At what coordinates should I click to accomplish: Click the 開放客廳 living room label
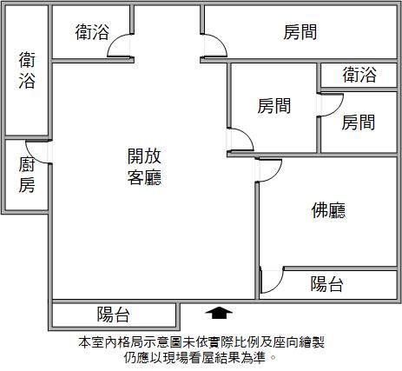click(x=144, y=167)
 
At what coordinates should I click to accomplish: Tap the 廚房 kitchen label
click(x=27, y=175)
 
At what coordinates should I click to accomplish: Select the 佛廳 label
click(x=328, y=210)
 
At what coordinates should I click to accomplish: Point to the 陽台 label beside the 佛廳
click(x=327, y=284)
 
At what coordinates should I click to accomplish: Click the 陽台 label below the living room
click(x=113, y=315)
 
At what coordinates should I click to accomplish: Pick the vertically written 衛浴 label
click(x=27, y=70)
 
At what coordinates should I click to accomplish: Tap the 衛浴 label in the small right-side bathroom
click(x=359, y=75)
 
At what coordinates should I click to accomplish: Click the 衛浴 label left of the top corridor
click(x=92, y=32)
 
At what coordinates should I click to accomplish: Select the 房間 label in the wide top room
click(x=300, y=32)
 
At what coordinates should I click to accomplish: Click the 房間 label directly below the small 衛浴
click(x=359, y=123)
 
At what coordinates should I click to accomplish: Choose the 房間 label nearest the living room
click(x=274, y=106)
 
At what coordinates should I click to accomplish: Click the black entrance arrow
click(x=219, y=313)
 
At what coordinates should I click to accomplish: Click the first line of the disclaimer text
click(x=201, y=342)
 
